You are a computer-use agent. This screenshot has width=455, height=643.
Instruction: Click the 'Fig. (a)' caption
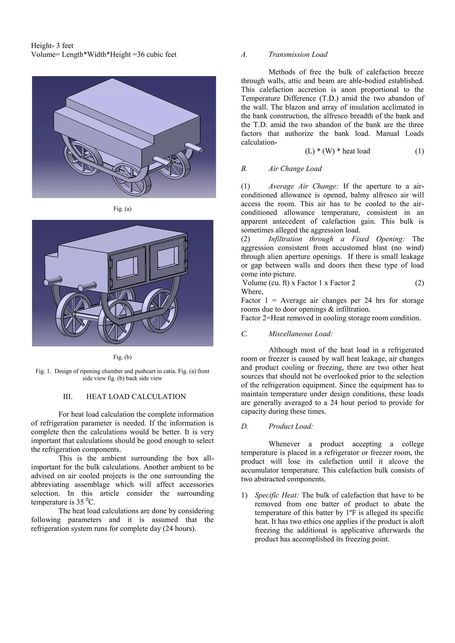tap(122, 209)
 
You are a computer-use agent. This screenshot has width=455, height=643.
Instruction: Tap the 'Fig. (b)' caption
tap(122, 357)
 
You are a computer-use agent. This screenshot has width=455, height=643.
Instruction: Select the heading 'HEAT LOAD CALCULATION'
tap(136, 397)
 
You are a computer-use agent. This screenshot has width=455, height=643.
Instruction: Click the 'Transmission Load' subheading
tap(298, 54)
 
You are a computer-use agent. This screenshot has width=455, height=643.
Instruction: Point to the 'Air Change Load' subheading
tap(295, 169)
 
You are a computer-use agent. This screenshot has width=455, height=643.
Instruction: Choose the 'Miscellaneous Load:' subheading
tap(300, 334)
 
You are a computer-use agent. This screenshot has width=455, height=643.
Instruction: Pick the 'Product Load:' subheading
tap(291, 426)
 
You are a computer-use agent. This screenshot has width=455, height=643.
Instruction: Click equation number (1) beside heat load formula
tap(419, 151)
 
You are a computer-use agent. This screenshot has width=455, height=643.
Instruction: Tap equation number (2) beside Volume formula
tap(419, 283)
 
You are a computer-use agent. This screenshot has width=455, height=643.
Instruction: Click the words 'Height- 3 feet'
tap(52, 46)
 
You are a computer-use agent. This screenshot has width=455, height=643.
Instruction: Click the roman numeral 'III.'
tap(68, 397)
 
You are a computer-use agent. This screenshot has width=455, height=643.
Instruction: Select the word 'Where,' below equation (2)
tap(252, 292)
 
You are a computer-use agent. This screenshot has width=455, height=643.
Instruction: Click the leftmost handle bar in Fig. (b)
tap(53, 281)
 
